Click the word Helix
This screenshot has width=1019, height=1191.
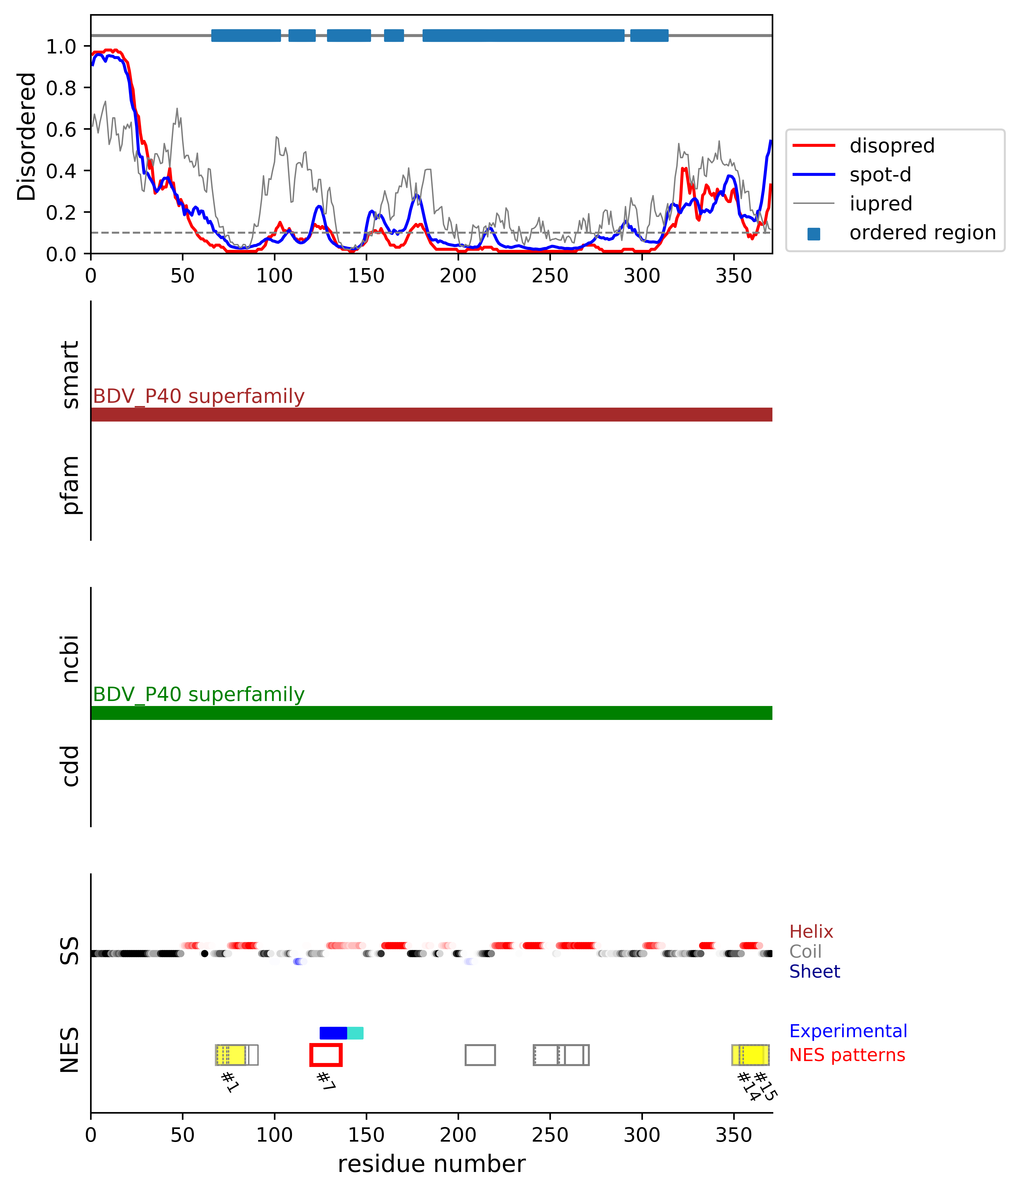pos(811,932)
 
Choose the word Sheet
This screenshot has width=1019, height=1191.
pos(814,971)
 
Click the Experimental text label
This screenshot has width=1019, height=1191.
pos(848,1031)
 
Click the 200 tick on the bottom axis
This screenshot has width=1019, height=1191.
pos(458,1135)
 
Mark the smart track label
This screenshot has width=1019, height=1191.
pos(70,375)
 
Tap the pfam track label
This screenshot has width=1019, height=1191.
pos(70,485)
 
